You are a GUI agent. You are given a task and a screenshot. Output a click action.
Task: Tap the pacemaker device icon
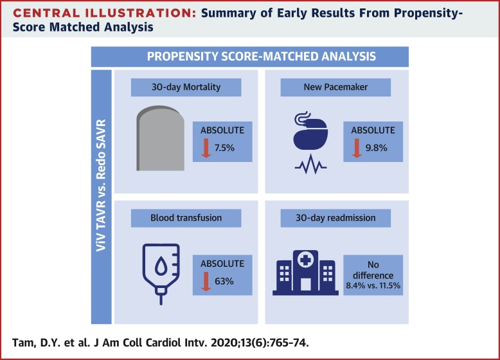tap(309, 136)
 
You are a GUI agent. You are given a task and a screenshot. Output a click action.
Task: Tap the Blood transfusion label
tap(177, 217)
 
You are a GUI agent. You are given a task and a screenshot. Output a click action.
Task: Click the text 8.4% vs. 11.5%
tap(372, 283)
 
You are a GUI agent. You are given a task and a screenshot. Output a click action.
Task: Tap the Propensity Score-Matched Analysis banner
tap(262, 57)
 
